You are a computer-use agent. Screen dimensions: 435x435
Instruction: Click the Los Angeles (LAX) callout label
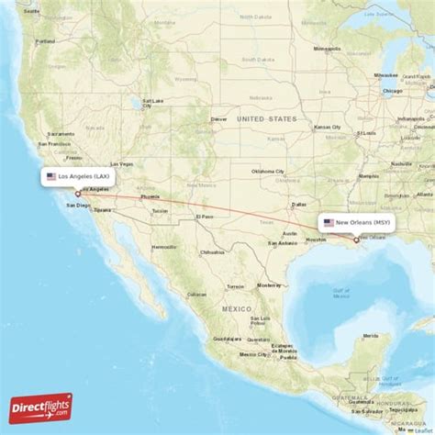[x=80, y=175]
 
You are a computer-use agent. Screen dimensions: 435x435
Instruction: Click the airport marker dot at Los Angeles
[x=78, y=193]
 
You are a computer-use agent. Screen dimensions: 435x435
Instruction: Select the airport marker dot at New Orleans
[x=357, y=240]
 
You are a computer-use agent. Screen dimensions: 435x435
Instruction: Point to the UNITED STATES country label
[x=266, y=119]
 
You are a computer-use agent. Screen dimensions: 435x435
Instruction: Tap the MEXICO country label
[x=236, y=310]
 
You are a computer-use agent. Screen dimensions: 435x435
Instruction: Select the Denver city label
[x=218, y=118]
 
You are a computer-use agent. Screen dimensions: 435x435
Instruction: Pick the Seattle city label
[x=33, y=11]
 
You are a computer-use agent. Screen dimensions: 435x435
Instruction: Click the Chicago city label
[x=393, y=91]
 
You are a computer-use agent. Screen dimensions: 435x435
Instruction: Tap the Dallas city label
[x=299, y=204]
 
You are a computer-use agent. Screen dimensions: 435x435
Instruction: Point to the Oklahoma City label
[x=268, y=171]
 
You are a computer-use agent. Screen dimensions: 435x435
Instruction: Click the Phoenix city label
[x=150, y=196]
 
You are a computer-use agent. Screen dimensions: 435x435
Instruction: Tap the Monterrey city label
[x=268, y=285]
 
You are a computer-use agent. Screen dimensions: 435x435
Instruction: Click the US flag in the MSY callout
[x=329, y=222]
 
